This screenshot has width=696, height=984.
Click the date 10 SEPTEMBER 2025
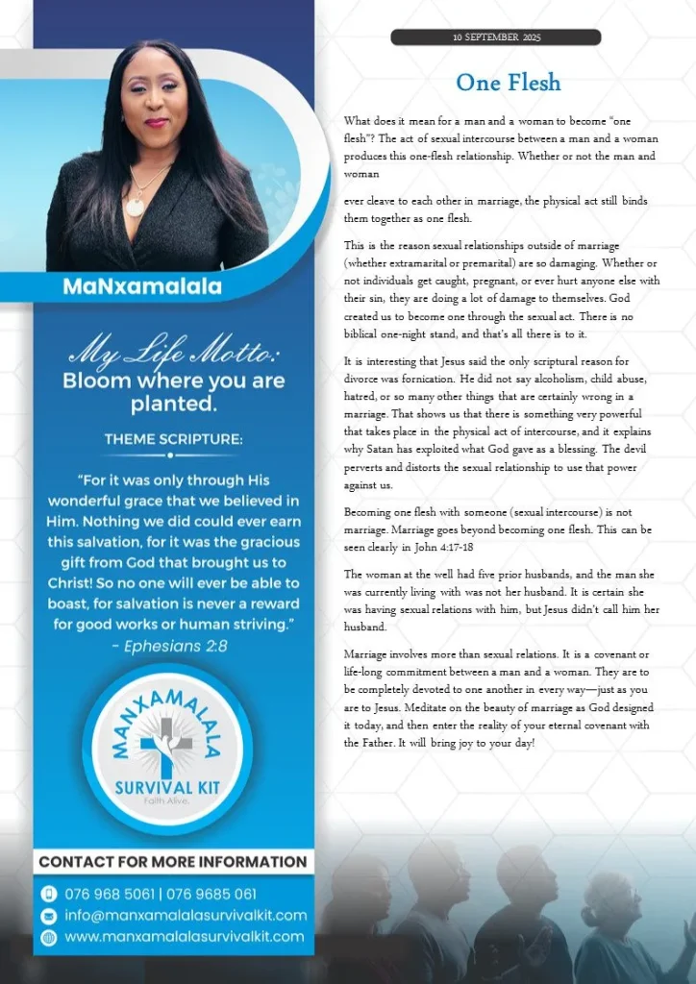coord(496,37)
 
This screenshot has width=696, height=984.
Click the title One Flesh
coord(509,83)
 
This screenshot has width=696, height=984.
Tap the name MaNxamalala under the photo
coord(141,286)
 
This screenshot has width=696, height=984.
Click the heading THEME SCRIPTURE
coord(173,439)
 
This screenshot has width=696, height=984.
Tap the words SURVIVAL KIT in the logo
coord(167,787)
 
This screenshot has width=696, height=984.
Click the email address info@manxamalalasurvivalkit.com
coord(186,915)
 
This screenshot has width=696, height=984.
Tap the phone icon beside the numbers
coord(49,894)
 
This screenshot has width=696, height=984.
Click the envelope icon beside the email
coord(49,915)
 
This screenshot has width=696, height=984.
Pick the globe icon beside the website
coord(49,936)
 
